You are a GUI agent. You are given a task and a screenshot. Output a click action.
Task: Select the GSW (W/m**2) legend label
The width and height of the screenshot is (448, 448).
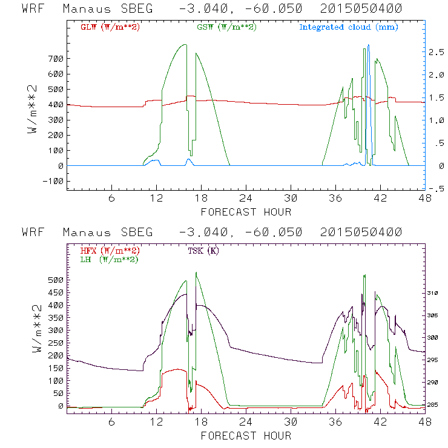[226, 27]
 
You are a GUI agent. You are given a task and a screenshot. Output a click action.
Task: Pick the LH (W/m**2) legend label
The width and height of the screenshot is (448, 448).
[108, 259]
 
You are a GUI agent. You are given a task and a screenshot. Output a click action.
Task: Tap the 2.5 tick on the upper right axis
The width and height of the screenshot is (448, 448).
[437, 53]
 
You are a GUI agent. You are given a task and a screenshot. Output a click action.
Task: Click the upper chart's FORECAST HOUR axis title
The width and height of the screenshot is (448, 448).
[246, 212]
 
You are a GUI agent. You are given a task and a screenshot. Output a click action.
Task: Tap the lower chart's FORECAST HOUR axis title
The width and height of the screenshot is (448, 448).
[246, 436]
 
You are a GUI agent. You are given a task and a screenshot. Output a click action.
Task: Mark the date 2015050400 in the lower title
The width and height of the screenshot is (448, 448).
[363, 233]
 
